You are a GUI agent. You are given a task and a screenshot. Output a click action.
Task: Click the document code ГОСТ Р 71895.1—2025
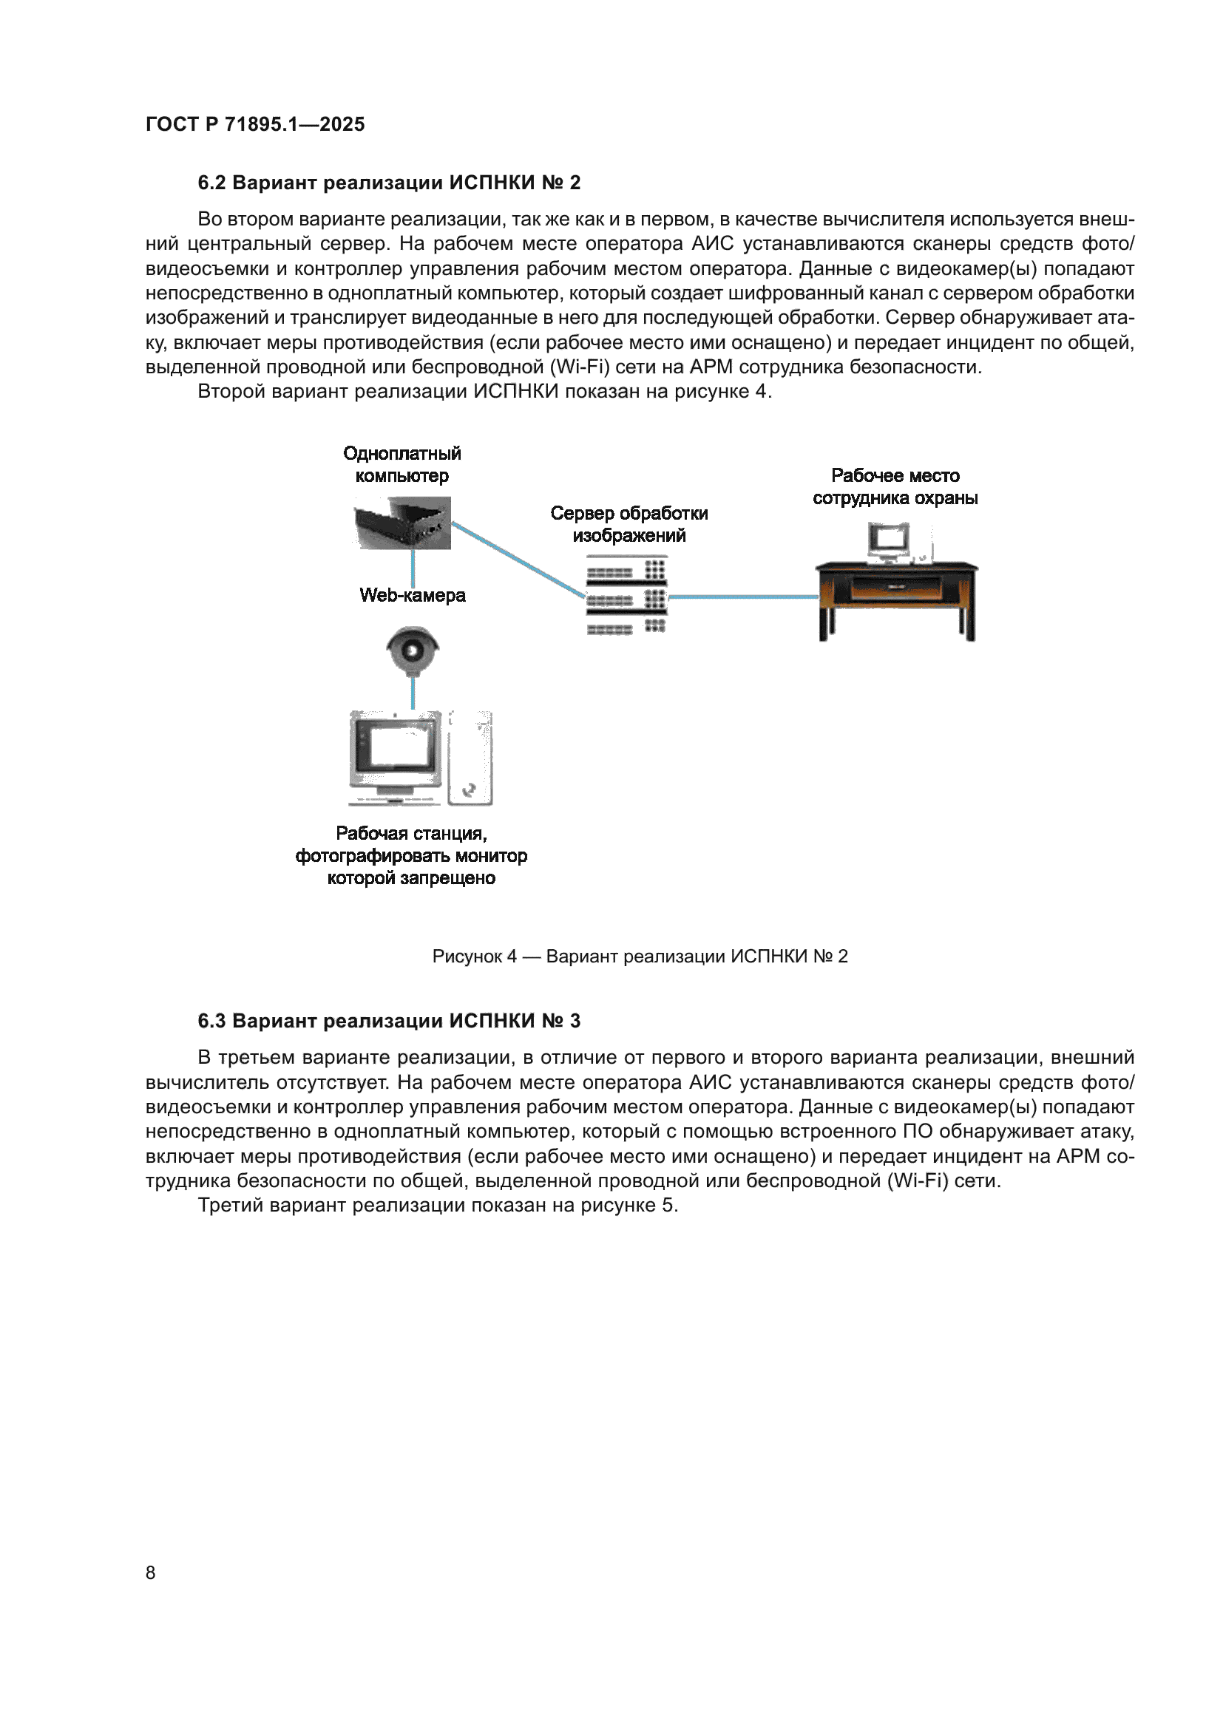[254, 124]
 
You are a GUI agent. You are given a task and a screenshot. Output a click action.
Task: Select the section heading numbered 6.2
[389, 183]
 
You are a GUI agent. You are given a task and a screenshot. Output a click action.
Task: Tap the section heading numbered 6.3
[389, 1021]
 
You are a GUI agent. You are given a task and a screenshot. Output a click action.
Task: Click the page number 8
[151, 1572]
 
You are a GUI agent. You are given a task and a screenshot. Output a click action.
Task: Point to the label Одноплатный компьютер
[402, 465]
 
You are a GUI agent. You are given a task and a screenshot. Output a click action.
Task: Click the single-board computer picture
[403, 523]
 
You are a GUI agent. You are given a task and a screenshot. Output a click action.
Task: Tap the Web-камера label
[412, 596]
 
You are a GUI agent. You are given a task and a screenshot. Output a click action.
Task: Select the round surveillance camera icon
[413, 649]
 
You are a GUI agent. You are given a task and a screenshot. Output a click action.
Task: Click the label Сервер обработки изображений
[629, 524]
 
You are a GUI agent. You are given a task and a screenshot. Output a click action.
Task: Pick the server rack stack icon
[626, 596]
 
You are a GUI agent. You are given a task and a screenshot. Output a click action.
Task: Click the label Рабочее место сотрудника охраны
[895, 486]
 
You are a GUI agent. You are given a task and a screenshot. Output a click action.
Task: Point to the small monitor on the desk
[890, 540]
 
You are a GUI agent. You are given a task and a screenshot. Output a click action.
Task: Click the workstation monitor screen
[396, 747]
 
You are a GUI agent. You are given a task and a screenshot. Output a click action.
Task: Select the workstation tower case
[471, 758]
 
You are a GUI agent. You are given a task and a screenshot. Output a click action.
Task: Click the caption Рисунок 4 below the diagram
[640, 957]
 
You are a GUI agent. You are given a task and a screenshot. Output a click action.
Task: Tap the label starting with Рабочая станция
[411, 856]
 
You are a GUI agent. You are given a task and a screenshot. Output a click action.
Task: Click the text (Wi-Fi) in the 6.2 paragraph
[578, 367]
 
